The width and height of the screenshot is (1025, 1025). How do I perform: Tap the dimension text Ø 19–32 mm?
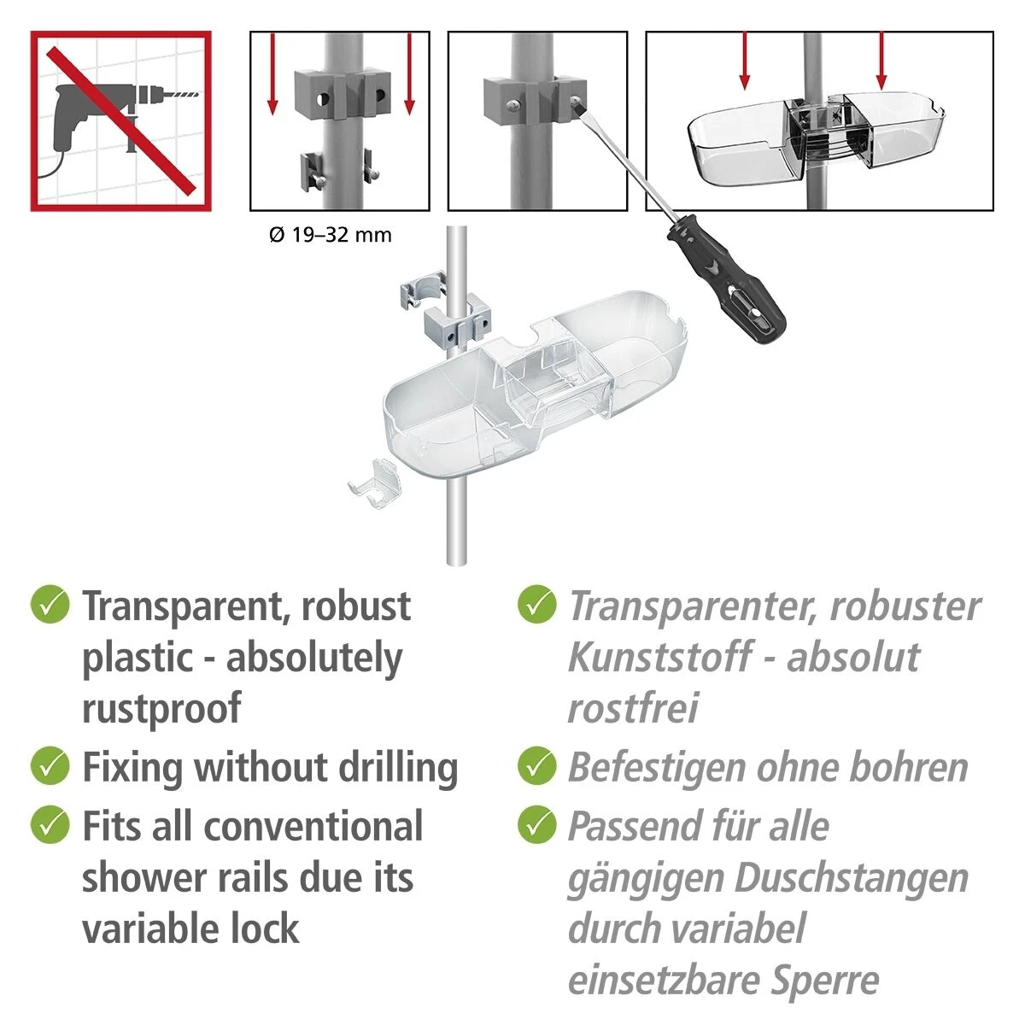pos(331,235)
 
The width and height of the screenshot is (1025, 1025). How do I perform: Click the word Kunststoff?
pos(660,658)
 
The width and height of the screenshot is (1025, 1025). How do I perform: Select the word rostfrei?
pos(632,708)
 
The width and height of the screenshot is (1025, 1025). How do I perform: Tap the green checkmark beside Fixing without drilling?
pos(50,766)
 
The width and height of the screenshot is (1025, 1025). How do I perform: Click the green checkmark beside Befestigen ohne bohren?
pos(536,766)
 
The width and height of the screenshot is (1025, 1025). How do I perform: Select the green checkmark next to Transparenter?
pos(536,604)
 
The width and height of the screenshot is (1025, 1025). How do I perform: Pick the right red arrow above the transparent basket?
pos(881,61)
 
